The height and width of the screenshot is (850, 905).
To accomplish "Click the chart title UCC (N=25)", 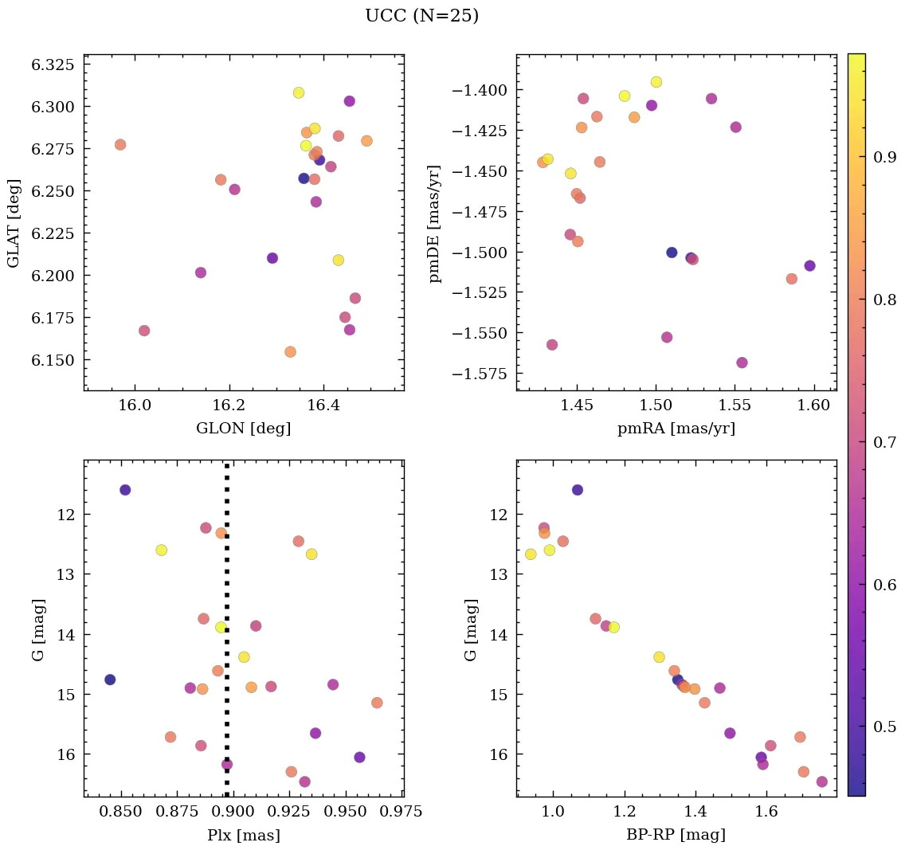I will (421, 16).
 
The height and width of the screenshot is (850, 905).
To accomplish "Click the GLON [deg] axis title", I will (243, 429).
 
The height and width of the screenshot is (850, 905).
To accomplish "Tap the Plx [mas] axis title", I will (243, 835).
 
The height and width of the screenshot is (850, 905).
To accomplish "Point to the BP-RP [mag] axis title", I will (676, 835).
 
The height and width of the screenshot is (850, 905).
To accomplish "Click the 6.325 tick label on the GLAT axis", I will (52, 65).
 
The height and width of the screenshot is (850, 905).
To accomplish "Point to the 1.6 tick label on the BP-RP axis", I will (766, 813).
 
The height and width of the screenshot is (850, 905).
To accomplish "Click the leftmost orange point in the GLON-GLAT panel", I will (120, 144).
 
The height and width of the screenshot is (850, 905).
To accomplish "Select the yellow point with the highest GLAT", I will (299, 92).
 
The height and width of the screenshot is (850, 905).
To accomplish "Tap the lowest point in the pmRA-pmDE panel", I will (742, 362).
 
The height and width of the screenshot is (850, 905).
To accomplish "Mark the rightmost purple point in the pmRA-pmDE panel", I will (809, 265).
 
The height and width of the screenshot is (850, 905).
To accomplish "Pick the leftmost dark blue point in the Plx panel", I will (110, 680).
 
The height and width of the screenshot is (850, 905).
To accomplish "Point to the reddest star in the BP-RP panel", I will (821, 781).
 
